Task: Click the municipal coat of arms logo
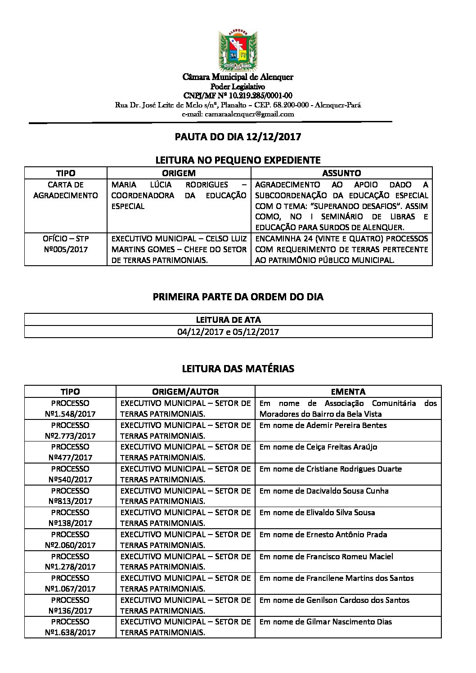click(x=238, y=50)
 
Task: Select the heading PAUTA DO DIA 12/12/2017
click(x=238, y=137)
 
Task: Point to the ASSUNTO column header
click(x=341, y=173)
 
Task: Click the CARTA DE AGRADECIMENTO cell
click(x=66, y=190)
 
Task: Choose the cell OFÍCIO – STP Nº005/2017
click(x=66, y=244)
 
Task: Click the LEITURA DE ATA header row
click(x=228, y=320)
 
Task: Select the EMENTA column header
click(x=348, y=392)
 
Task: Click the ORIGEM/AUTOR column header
click(x=185, y=392)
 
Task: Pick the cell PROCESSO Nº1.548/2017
click(x=70, y=409)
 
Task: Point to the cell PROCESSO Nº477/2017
click(x=70, y=452)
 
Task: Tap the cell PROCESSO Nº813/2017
click(x=70, y=496)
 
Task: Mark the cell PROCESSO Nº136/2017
click(x=70, y=605)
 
